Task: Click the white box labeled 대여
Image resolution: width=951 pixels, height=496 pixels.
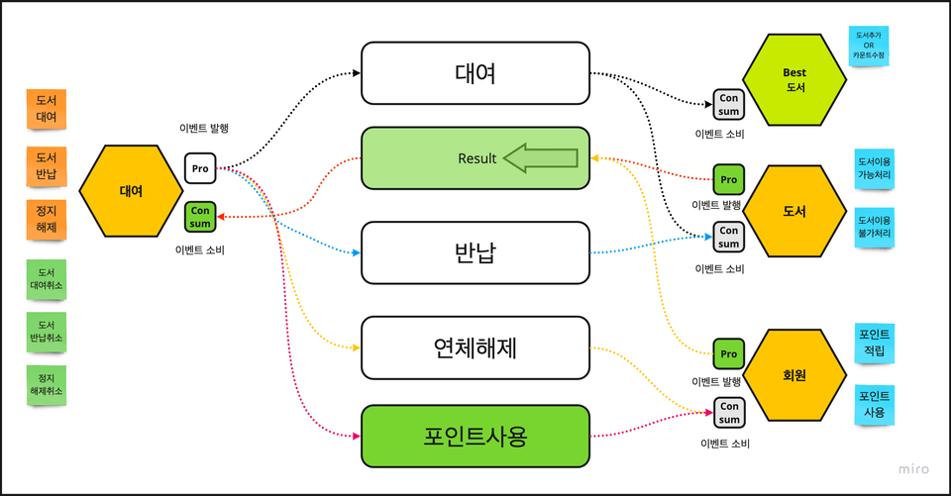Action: tap(475, 73)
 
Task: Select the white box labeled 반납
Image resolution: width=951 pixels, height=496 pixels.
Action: tap(475, 251)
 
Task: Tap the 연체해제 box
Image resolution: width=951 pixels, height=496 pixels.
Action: tap(475, 347)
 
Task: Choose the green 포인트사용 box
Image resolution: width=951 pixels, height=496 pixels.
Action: tap(475, 436)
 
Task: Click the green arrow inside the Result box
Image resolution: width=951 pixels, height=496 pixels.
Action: tap(541, 157)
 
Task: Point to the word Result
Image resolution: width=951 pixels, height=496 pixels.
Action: tap(477, 158)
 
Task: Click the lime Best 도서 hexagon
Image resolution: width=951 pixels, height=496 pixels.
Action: tap(794, 79)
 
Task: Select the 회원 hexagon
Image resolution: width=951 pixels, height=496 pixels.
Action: tap(794, 375)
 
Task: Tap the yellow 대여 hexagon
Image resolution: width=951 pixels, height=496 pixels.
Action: tap(131, 191)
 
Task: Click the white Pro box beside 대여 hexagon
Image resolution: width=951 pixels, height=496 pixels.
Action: tap(200, 168)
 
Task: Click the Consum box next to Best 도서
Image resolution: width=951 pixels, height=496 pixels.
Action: tap(728, 104)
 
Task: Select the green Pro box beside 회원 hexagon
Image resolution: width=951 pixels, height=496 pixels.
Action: tap(728, 353)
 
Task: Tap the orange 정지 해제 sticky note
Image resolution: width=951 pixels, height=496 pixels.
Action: tap(46, 220)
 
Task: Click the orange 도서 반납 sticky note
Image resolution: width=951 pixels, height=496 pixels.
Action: tap(46, 167)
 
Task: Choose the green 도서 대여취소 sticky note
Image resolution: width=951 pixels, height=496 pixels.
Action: tap(47, 279)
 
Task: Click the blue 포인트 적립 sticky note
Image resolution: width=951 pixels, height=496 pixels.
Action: tap(873, 342)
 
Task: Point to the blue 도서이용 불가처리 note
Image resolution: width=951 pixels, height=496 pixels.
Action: tap(874, 226)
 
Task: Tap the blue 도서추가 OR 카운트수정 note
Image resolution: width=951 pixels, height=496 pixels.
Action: tap(869, 46)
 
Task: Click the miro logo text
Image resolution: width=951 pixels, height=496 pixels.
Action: tap(913, 469)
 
